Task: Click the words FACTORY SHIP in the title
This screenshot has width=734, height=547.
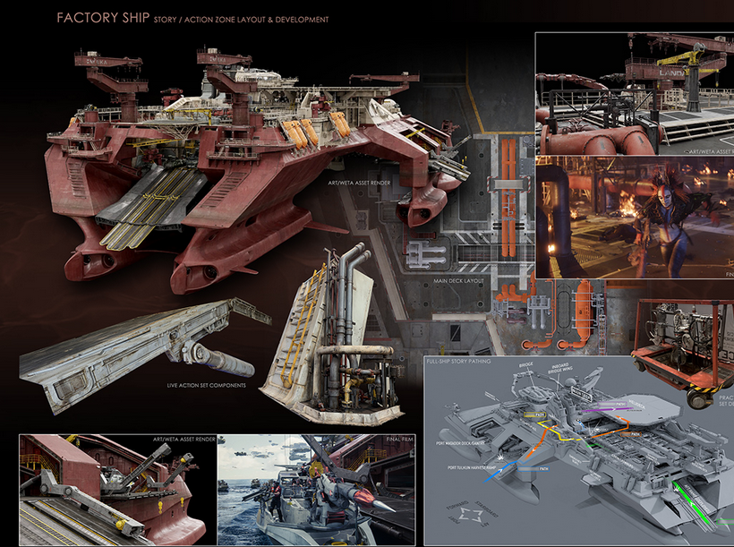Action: [x=93, y=18]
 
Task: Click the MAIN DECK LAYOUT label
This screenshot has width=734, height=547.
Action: [x=460, y=279]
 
